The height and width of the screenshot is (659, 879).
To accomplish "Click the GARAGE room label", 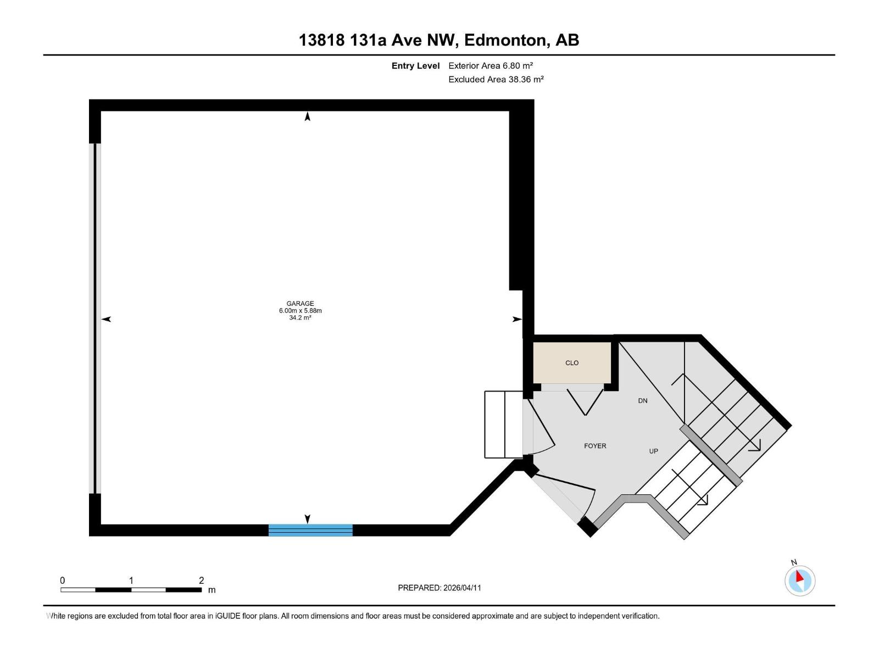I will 300,303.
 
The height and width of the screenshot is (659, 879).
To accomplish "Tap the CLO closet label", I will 572,363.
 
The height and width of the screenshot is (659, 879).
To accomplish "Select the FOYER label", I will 595,446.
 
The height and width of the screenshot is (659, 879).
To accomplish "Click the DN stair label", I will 643,401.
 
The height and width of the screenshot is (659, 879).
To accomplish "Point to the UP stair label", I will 653,451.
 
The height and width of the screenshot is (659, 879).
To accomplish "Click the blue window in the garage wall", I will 310,530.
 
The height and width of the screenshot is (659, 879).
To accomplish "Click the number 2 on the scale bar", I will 201,580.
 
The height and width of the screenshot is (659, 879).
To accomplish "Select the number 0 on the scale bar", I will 63,580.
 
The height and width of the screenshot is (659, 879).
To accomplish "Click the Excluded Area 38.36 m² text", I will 496,79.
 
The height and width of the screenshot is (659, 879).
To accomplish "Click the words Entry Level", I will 415,65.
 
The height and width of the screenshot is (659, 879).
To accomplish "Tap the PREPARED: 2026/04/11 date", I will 439,588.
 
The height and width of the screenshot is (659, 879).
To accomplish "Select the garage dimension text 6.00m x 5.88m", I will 300,311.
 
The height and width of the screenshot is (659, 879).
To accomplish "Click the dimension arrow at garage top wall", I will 308,116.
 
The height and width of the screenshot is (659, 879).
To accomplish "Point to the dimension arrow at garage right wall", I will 516,319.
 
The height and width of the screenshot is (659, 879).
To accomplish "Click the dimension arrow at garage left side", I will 107,319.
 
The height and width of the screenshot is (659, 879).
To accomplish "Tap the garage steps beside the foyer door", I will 503,424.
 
